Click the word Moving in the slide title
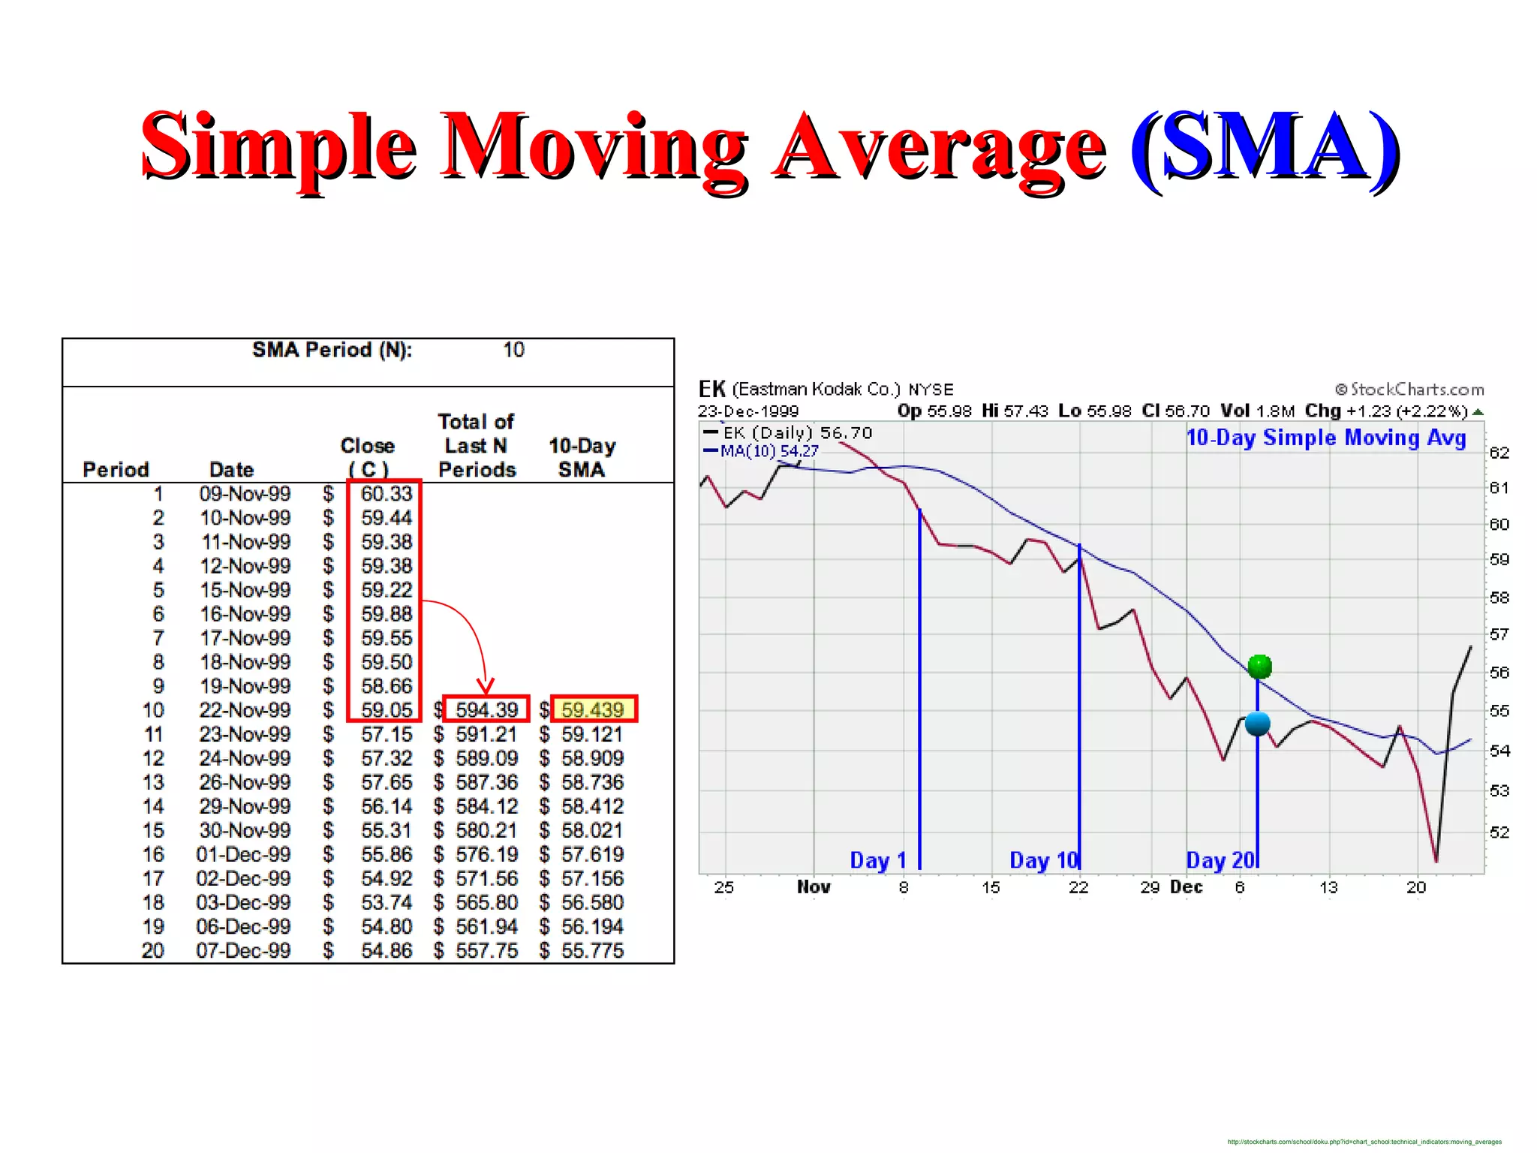593,146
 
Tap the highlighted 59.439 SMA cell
593,710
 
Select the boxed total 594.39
486,710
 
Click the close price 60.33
387,494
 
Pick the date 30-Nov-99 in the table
245,830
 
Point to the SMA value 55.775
593,951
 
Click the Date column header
231,470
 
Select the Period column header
116,470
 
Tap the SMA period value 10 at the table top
513,351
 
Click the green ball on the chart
1259,666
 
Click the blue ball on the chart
1257,724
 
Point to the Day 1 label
878,860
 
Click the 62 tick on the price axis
1499,453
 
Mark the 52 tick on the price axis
1499,832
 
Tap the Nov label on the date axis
814,887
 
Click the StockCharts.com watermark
1410,390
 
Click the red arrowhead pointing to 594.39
486,686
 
